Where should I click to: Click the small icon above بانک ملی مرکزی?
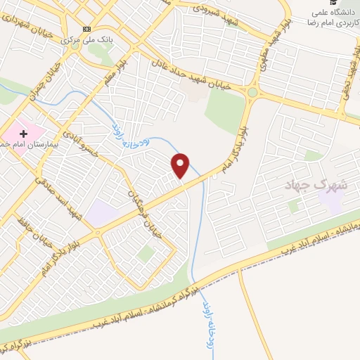86,29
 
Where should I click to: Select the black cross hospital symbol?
24,132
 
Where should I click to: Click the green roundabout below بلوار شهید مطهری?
252,92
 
